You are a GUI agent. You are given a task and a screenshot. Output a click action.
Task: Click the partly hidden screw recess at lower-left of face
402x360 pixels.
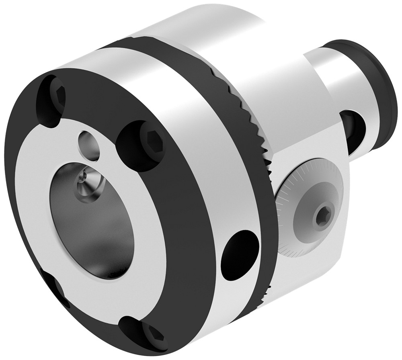click(x=56, y=287)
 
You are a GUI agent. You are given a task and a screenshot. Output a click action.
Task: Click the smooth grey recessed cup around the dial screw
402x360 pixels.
click(x=310, y=217)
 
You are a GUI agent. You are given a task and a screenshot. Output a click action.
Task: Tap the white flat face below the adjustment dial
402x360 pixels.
click(x=310, y=269)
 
